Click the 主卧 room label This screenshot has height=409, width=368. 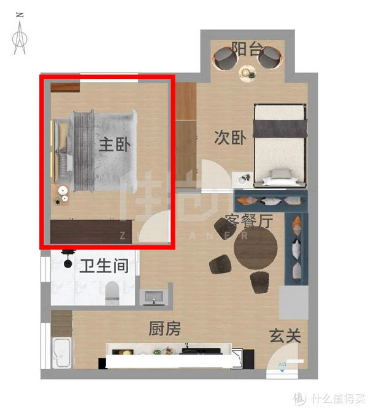point(115,145)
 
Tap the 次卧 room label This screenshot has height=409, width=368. point(230,138)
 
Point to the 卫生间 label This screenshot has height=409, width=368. point(104,266)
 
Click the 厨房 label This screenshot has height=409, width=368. point(165,329)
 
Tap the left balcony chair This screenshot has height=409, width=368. point(225,58)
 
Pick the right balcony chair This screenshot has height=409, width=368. point(269,58)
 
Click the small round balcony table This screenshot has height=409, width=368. point(247,73)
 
